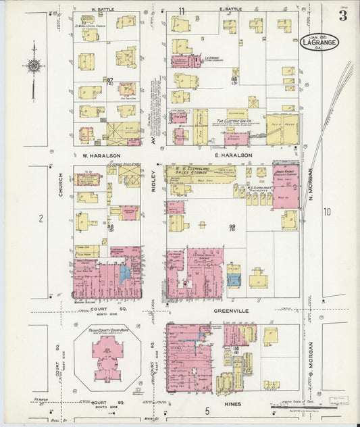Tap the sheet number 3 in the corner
point(343,16)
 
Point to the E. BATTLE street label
point(230,9)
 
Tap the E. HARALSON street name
point(233,155)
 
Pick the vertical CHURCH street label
point(60,191)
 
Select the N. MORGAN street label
point(311,182)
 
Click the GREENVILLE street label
point(232,311)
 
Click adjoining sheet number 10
point(328,212)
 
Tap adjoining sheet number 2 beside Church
point(41,218)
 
